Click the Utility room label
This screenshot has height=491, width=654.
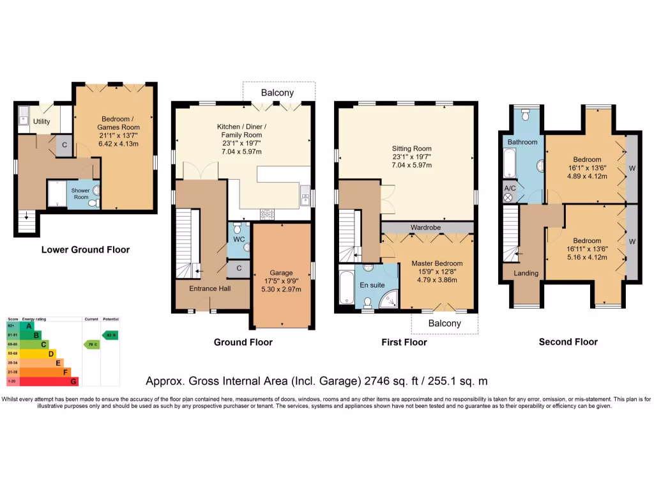(42, 121)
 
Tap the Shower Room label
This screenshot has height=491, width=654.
(80, 194)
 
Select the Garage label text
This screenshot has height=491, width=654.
(280, 272)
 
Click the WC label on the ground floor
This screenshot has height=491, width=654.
(239, 239)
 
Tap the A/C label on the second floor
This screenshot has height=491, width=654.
(510, 188)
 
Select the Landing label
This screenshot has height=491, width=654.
(526, 273)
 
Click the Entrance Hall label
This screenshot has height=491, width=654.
(210, 288)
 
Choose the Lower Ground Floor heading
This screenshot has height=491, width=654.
(86, 249)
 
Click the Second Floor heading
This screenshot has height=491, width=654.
(568, 342)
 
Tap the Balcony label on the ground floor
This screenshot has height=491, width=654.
(278, 93)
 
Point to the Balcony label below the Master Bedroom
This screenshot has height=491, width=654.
(444, 323)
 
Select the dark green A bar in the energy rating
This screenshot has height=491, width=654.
(27, 326)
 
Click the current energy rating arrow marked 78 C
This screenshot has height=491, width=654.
(91, 344)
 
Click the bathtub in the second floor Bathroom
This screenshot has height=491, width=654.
(510, 163)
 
